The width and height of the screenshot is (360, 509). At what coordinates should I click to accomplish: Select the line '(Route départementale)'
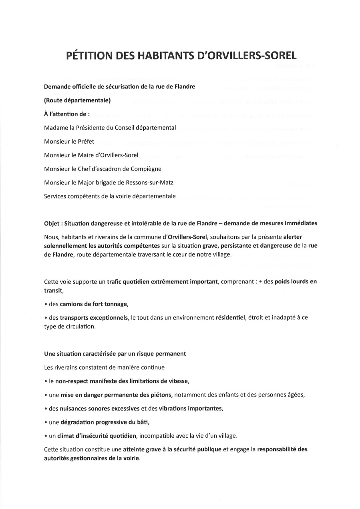tap(77, 101)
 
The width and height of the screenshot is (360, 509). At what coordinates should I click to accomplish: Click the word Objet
tap(52, 223)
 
